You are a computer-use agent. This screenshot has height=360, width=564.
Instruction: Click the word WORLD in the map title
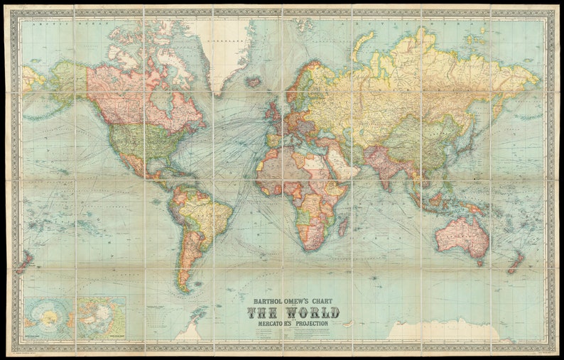pos(313,312)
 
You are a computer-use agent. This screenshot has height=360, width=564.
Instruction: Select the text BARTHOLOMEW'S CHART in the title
pos(293,300)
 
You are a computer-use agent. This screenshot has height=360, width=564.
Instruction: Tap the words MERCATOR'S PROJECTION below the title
pos(293,324)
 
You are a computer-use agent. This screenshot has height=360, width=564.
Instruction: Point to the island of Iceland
pos(254,82)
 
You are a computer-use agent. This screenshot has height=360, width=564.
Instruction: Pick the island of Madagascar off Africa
pos(343,227)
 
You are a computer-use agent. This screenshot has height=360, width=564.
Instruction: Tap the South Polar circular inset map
pos(48,317)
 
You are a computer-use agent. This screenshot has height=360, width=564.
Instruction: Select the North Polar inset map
pos(102,317)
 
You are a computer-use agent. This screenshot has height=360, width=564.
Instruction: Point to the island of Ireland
pos(267,111)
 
